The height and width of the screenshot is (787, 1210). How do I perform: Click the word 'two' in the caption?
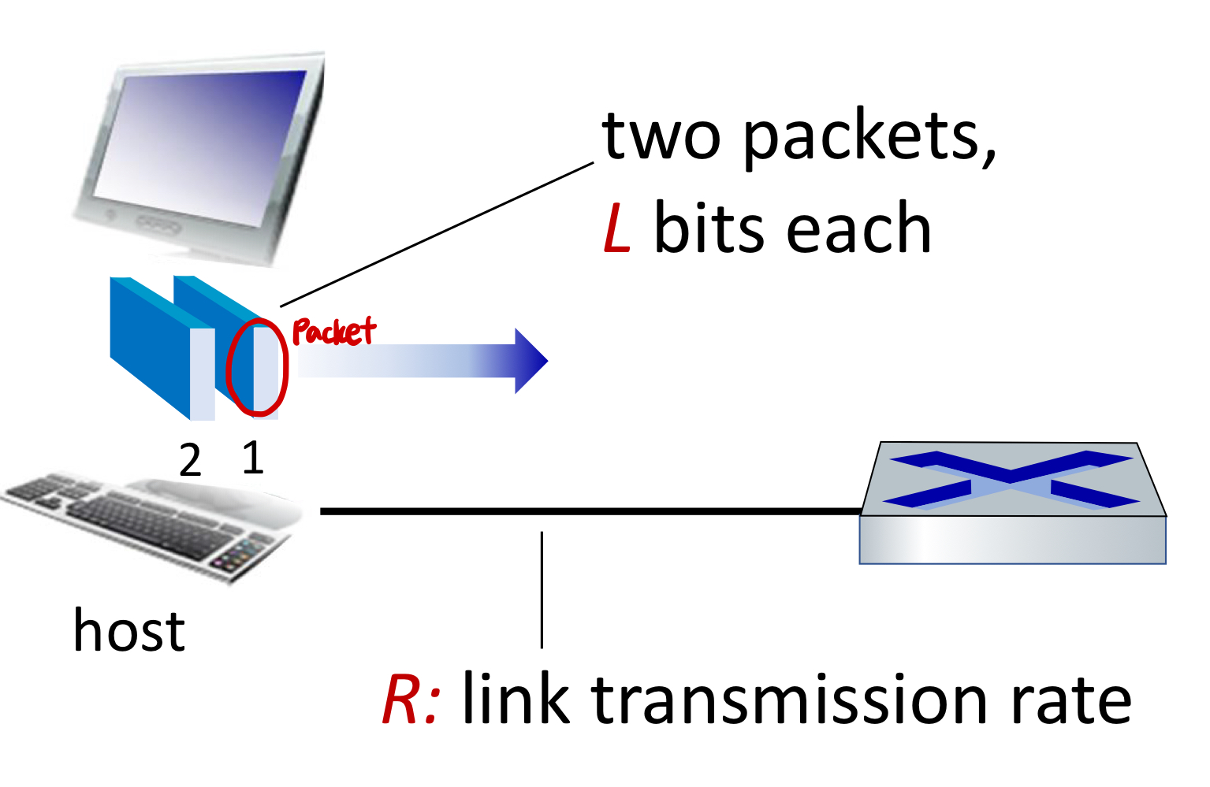(x=661, y=136)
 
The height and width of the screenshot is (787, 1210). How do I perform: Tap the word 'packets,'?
(x=869, y=138)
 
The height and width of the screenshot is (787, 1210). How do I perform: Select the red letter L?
(x=617, y=228)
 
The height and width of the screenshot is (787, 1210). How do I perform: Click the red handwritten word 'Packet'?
(x=333, y=332)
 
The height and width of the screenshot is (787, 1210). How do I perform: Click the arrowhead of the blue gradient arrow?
(x=531, y=361)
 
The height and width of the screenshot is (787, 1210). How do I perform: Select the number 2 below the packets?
(x=190, y=460)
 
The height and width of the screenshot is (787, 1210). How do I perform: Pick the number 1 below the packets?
(x=252, y=458)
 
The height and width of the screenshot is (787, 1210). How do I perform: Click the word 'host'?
(x=128, y=631)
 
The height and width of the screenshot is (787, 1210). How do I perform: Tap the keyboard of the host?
(x=150, y=524)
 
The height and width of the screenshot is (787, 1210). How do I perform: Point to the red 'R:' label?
(x=410, y=700)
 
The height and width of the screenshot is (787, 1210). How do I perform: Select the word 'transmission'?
(x=788, y=700)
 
